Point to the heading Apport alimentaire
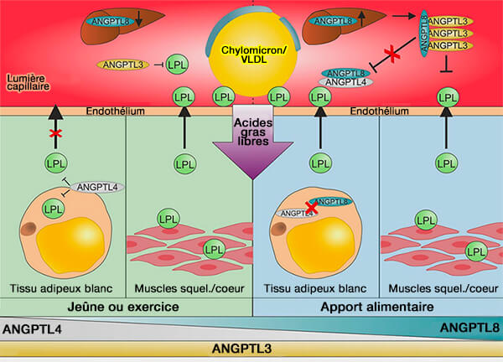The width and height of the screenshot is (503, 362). click(378, 307)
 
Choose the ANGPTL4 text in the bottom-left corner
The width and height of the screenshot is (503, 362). click(29, 328)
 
